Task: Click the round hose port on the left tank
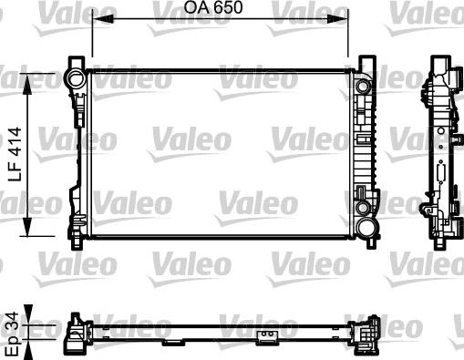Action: click(73, 82)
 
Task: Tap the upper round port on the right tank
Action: click(364, 87)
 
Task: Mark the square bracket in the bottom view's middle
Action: click(268, 340)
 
